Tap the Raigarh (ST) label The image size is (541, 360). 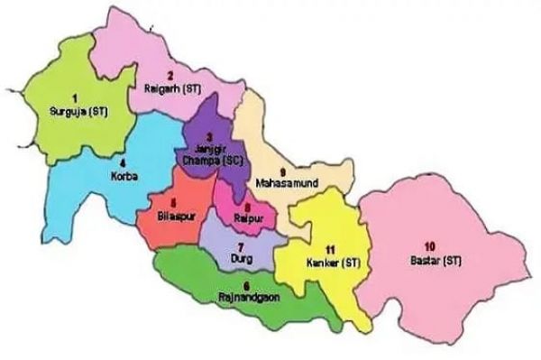tap(170, 88)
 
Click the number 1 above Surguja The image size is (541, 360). tap(76, 97)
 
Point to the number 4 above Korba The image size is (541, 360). tap(123, 163)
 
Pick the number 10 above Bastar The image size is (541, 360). tap(429, 246)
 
